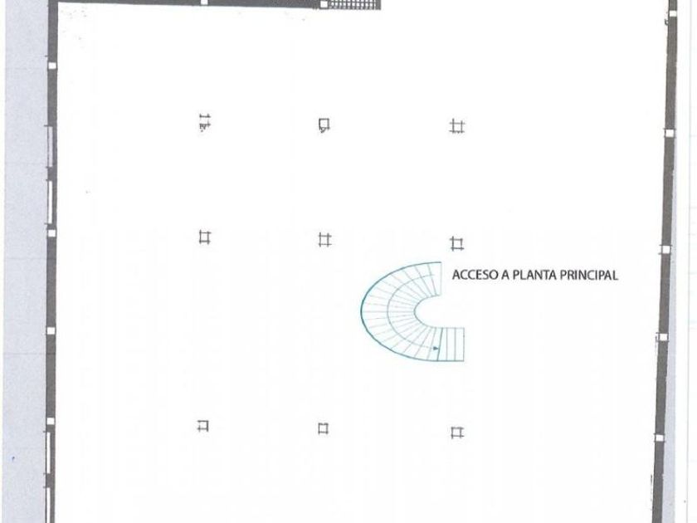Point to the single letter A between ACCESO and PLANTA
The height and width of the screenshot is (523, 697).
pyautogui.click(x=505, y=275)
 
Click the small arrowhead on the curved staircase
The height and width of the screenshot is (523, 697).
pyautogui.click(x=436, y=348)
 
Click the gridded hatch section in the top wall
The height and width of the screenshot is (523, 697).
pyautogui.click(x=355, y=4)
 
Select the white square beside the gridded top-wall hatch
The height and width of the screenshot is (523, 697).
pyautogui.click(x=324, y=4)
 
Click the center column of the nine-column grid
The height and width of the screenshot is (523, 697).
pyautogui.click(x=324, y=240)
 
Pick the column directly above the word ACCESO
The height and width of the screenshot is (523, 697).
pyautogui.click(x=456, y=244)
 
